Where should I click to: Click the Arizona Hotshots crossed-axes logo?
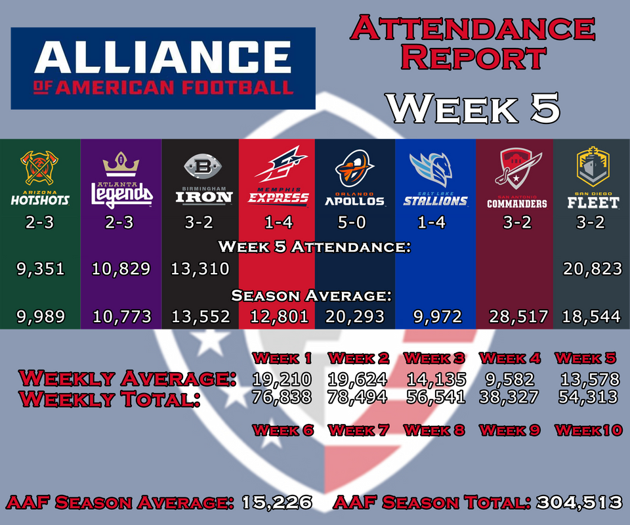coord(39,167)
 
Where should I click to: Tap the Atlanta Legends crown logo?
coord(121,164)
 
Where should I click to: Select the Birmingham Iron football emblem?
coord(203,166)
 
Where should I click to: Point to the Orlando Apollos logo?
coord(354,169)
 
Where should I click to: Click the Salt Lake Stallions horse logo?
coord(432,169)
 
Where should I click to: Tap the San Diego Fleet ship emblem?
coord(593,166)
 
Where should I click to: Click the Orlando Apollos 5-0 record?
coord(352,222)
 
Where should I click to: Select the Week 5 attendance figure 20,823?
coord(592,268)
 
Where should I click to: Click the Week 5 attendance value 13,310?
coord(199,268)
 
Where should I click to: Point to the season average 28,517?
coord(518,316)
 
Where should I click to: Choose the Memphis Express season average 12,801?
coord(279,316)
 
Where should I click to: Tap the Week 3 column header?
coord(434,358)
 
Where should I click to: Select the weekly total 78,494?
coord(357,397)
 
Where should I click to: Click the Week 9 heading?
coord(509,430)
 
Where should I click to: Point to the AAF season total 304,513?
coord(579,502)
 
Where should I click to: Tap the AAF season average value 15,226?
coord(277,502)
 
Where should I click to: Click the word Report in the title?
coord(473,58)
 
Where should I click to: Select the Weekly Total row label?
coord(110,398)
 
